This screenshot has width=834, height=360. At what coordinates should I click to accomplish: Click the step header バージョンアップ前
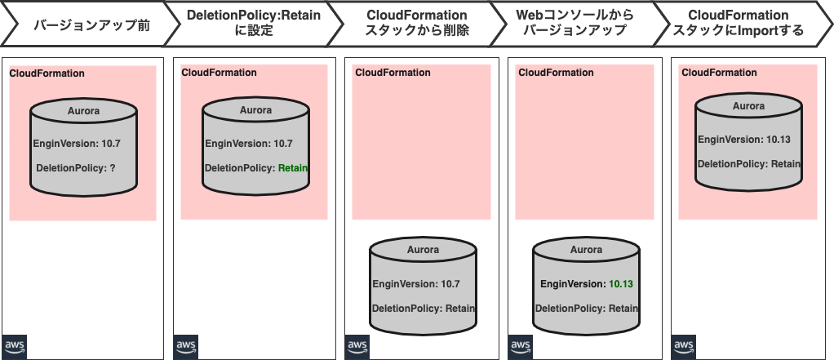(91, 24)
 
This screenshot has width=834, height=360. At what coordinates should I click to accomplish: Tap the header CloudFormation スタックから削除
(416, 24)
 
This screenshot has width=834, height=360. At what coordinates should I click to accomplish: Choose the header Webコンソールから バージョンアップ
(575, 24)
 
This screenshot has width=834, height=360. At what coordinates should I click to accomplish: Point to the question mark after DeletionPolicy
(113, 168)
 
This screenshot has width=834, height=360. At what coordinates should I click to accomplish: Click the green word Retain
(293, 168)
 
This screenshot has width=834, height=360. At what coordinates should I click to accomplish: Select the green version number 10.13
(621, 285)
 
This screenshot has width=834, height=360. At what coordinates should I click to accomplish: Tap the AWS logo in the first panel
(15, 346)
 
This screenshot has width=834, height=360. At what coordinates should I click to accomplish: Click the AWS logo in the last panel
(684, 346)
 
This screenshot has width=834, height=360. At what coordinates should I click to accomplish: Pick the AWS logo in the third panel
(357, 346)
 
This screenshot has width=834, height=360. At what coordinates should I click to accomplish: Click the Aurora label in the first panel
(83, 111)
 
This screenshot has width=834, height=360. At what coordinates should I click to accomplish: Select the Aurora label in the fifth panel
(748, 106)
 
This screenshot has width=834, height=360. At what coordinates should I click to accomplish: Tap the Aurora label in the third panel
(423, 250)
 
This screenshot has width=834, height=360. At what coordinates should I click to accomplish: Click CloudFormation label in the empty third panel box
(393, 73)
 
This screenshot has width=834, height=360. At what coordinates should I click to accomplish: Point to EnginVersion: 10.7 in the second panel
(248, 144)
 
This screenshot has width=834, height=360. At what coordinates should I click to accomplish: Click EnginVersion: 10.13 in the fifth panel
(743, 140)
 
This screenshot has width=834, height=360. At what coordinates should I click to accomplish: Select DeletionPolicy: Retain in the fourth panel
(586, 309)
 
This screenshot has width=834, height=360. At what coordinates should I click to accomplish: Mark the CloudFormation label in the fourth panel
(556, 73)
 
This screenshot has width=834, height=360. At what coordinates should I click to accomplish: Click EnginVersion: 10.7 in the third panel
(416, 285)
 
